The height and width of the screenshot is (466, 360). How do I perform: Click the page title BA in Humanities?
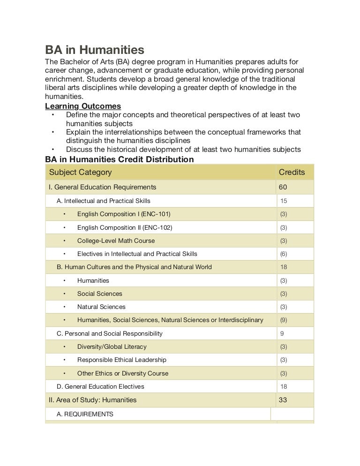[94, 49]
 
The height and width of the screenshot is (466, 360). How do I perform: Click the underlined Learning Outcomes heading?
[83, 106]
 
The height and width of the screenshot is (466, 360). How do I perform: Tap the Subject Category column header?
[80, 172]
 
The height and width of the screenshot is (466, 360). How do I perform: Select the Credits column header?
[292, 172]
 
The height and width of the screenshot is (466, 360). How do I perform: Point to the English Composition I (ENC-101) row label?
[124, 214]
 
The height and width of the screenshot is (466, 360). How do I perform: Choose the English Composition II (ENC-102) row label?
[125, 227]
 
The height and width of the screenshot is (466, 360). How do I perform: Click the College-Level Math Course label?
[116, 241]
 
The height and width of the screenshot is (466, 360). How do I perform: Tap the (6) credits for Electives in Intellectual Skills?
[284, 254]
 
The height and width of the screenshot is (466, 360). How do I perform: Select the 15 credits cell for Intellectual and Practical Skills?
[284, 201]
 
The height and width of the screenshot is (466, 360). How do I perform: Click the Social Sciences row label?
[99, 293]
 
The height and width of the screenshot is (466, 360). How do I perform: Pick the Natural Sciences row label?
[101, 307]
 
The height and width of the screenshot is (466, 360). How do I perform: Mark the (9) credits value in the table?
[284, 320]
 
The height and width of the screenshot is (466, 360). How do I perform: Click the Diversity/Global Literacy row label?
[112, 346]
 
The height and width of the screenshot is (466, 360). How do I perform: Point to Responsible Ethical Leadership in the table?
[121, 360]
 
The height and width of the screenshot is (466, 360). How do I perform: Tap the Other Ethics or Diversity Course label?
[122, 373]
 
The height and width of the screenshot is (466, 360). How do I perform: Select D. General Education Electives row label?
[100, 386]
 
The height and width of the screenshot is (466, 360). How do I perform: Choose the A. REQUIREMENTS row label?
[85, 414]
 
